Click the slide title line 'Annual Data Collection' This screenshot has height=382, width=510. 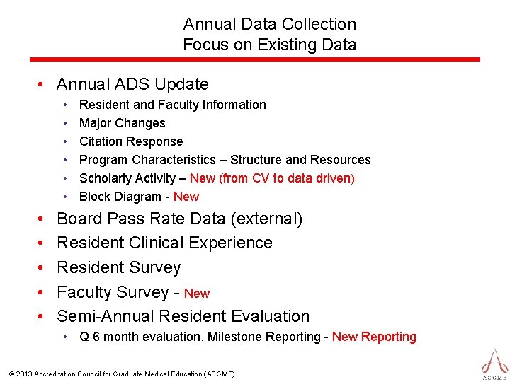tap(269, 24)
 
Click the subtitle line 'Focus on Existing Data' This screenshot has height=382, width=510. tap(269, 45)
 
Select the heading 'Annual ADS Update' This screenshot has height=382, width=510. tap(132, 84)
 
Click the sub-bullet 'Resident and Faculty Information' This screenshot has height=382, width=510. tap(172, 105)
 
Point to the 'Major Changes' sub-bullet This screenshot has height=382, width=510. tap(122, 123)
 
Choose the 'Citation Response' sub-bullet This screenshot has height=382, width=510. tap(130, 141)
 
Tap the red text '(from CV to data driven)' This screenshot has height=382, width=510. tap(288, 178)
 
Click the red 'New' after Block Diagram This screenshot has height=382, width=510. tap(186, 197)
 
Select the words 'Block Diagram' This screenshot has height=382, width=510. tap(120, 197)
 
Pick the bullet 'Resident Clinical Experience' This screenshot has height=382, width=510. tap(164, 243)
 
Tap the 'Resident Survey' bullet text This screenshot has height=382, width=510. tap(118, 267)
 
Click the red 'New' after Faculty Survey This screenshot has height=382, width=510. tap(197, 294)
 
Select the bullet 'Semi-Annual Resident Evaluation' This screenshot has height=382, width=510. tap(183, 316)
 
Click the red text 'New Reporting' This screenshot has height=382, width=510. tap(374, 337)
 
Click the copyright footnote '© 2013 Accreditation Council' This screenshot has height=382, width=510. tap(120, 374)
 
